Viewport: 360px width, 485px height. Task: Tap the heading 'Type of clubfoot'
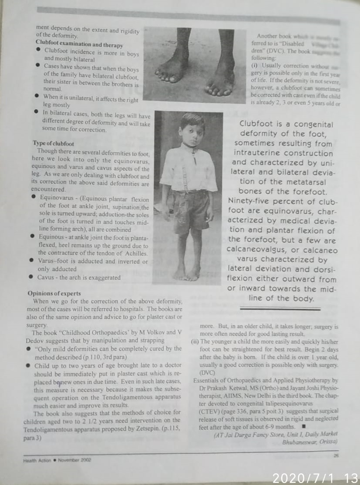tap(53, 143)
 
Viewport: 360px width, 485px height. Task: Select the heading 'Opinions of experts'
tap(54, 294)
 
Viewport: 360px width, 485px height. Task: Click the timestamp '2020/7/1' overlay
tap(303, 478)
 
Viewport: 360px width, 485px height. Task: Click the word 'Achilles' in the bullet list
tap(136, 253)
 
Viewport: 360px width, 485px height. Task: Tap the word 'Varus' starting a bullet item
tap(47, 261)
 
